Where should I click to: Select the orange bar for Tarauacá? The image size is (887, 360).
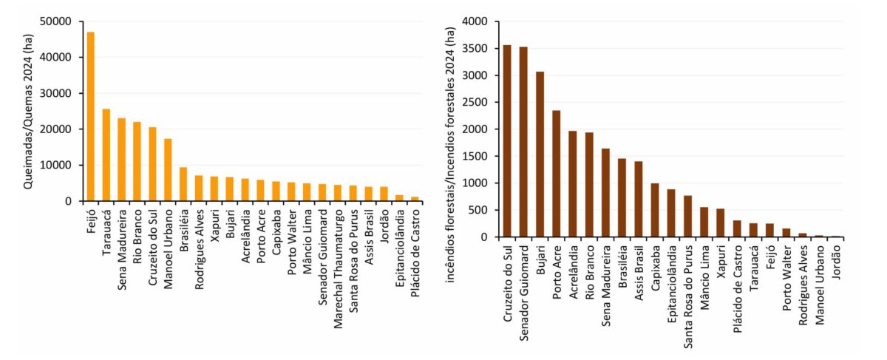[106, 155]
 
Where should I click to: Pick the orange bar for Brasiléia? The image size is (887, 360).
[183, 184]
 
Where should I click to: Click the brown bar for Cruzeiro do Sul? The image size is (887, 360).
[507, 141]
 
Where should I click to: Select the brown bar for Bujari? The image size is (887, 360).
[540, 154]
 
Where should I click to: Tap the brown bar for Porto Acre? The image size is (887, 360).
[556, 174]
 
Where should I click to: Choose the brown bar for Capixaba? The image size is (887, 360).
[654, 210]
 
